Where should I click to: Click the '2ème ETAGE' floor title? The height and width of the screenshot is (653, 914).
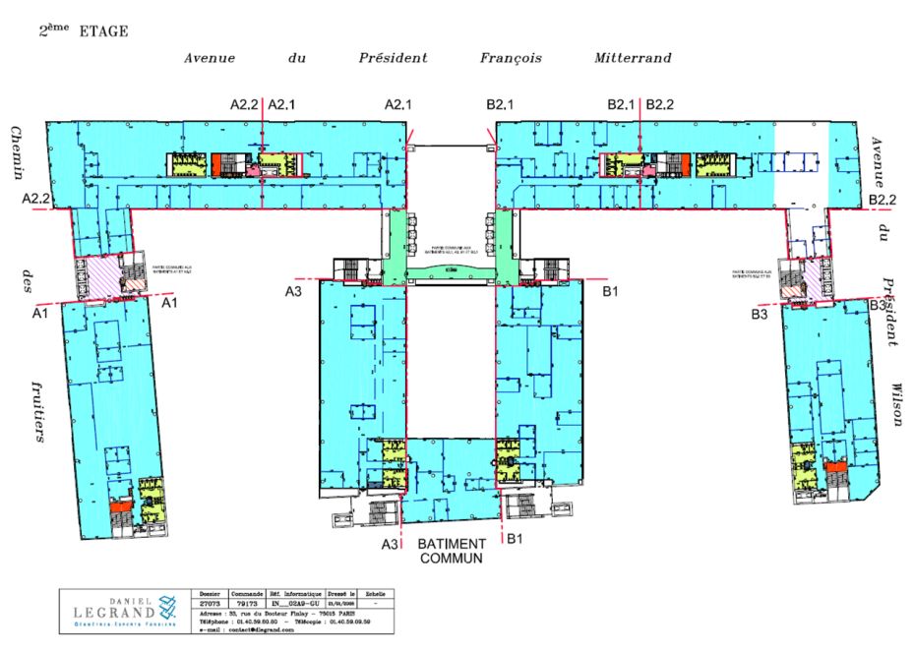pos(83,30)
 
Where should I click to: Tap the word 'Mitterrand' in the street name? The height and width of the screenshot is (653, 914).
pos(633,58)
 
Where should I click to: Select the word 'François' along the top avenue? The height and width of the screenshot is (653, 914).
pos(511,58)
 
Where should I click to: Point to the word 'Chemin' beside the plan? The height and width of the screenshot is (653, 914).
pos(17,152)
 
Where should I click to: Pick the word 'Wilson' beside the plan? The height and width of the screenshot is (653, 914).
pos(897,403)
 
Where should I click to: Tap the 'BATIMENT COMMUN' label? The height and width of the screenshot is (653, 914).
pos(452,551)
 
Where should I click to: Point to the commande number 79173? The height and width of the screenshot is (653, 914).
pos(245,602)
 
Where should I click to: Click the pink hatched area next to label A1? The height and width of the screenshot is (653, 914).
pos(99,276)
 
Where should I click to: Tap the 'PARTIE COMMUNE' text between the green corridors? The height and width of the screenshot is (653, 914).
pos(451,250)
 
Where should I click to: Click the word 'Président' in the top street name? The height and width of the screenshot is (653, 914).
pos(393,58)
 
